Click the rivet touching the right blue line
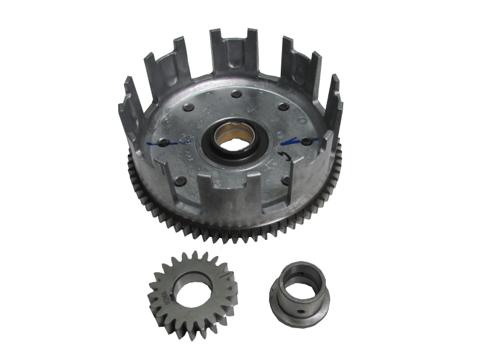coord(307,140)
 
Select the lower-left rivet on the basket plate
coord(182,180)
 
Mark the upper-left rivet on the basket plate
coord(190,108)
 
